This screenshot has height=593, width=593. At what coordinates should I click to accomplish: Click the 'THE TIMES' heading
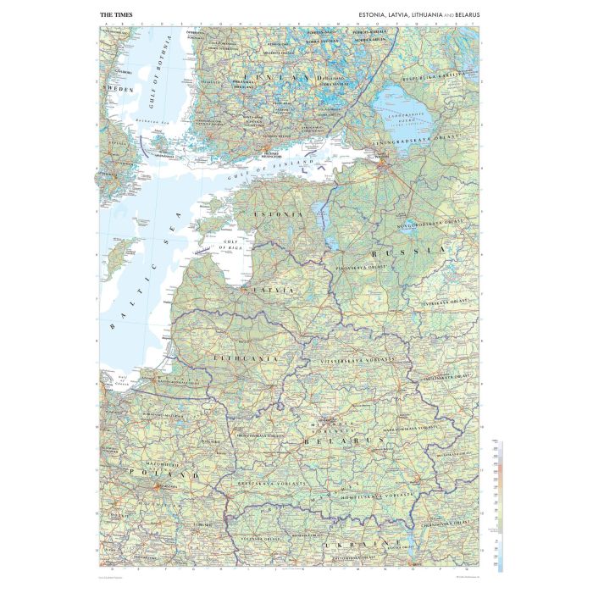[x=116, y=14]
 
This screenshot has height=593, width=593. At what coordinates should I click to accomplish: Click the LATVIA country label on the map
[x=270, y=290]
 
